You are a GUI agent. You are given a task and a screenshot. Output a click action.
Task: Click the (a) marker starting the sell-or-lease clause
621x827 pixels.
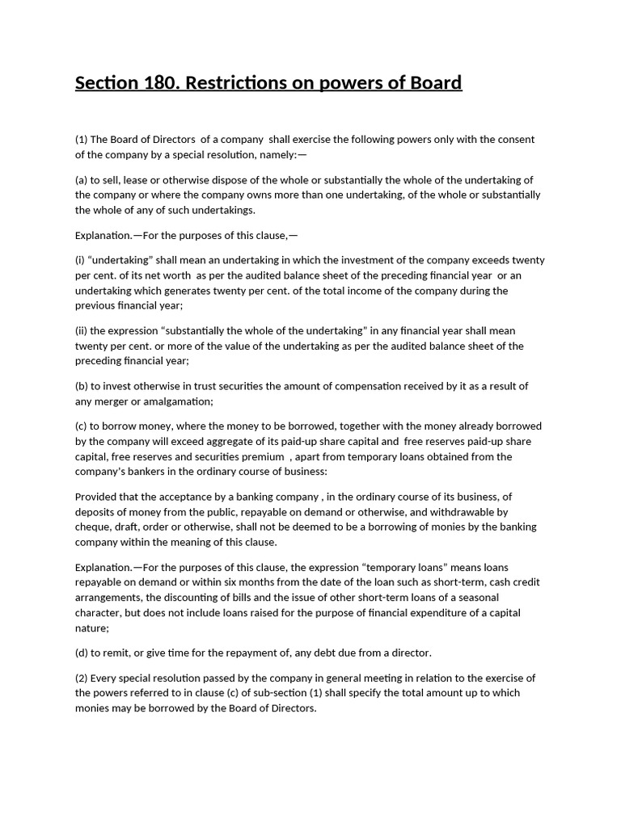coord(82,180)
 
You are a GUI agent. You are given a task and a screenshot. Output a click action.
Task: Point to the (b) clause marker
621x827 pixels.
coord(82,386)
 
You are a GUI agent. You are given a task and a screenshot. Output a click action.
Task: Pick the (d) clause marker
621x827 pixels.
coord(82,653)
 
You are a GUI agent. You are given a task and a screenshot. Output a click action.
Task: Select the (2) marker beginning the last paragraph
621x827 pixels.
coord(82,678)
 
